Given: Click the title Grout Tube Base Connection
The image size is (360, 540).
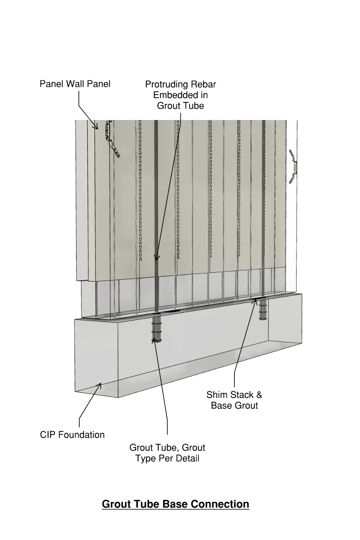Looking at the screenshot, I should point(175,504).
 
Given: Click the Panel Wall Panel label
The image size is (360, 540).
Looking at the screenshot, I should point(75,84).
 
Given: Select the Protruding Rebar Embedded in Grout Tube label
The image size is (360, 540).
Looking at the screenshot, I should point(180,95).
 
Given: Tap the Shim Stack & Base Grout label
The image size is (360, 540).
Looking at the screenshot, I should point(234,400).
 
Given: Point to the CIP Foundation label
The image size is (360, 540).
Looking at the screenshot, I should point(72,435).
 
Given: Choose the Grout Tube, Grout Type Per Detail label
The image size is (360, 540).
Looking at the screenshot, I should point(167,453).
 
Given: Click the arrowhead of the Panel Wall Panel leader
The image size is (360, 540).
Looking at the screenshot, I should point(97,128).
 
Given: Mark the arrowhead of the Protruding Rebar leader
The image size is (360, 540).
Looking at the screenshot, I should point(157,259).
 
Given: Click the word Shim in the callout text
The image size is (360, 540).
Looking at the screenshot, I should point(216,395).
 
